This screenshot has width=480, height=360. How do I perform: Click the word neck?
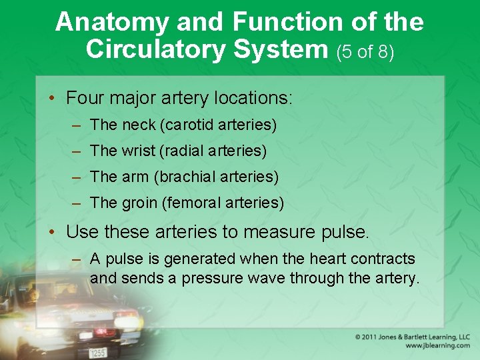pos(139,125)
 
